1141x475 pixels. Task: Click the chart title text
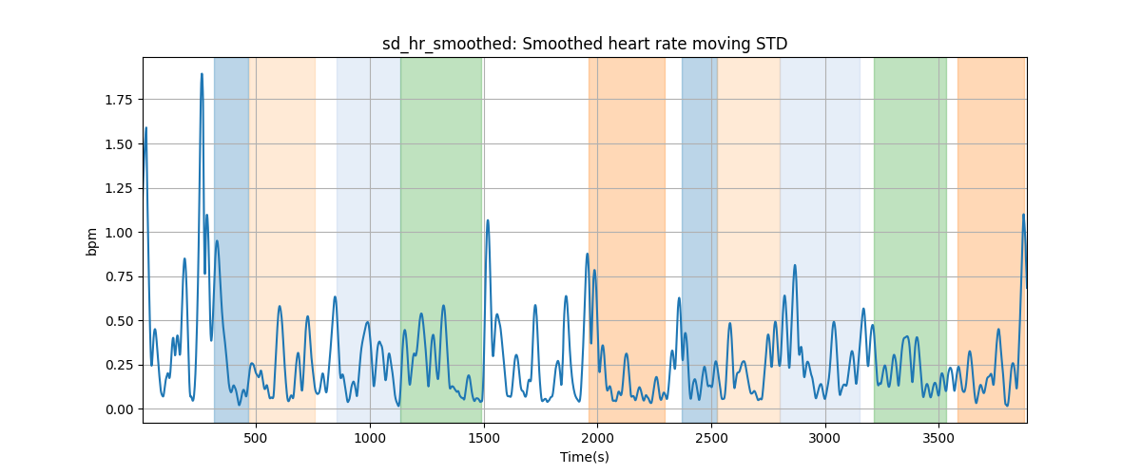click(x=585, y=45)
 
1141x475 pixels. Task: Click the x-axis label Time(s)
click(x=585, y=457)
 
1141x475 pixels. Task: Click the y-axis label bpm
click(x=91, y=242)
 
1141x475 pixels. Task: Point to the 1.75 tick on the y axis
click(x=119, y=100)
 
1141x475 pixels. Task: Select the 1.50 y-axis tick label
click(x=119, y=144)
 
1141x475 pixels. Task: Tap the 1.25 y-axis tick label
click(x=119, y=188)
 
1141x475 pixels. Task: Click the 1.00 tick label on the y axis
click(x=119, y=233)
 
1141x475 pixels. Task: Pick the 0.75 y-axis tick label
click(x=119, y=277)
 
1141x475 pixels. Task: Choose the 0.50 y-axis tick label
click(x=119, y=321)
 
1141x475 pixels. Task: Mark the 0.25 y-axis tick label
click(x=119, y=366)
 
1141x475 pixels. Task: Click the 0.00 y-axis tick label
click(x=119, y=409)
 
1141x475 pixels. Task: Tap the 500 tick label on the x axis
click(x=256, y=439)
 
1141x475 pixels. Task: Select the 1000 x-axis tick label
click(x=370, y=439)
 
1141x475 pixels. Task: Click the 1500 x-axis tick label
click(x=484, y=439)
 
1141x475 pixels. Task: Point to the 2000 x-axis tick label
click(x=597, y=439)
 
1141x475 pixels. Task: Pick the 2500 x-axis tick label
click(x=711, y=439)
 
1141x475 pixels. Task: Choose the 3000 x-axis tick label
click(x=825, y=439)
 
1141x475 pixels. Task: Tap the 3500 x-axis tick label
click(x=938, y=439)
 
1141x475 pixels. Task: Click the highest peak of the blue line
click(x=202, y=74)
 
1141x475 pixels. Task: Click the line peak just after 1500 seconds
click(x=488, y=220)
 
